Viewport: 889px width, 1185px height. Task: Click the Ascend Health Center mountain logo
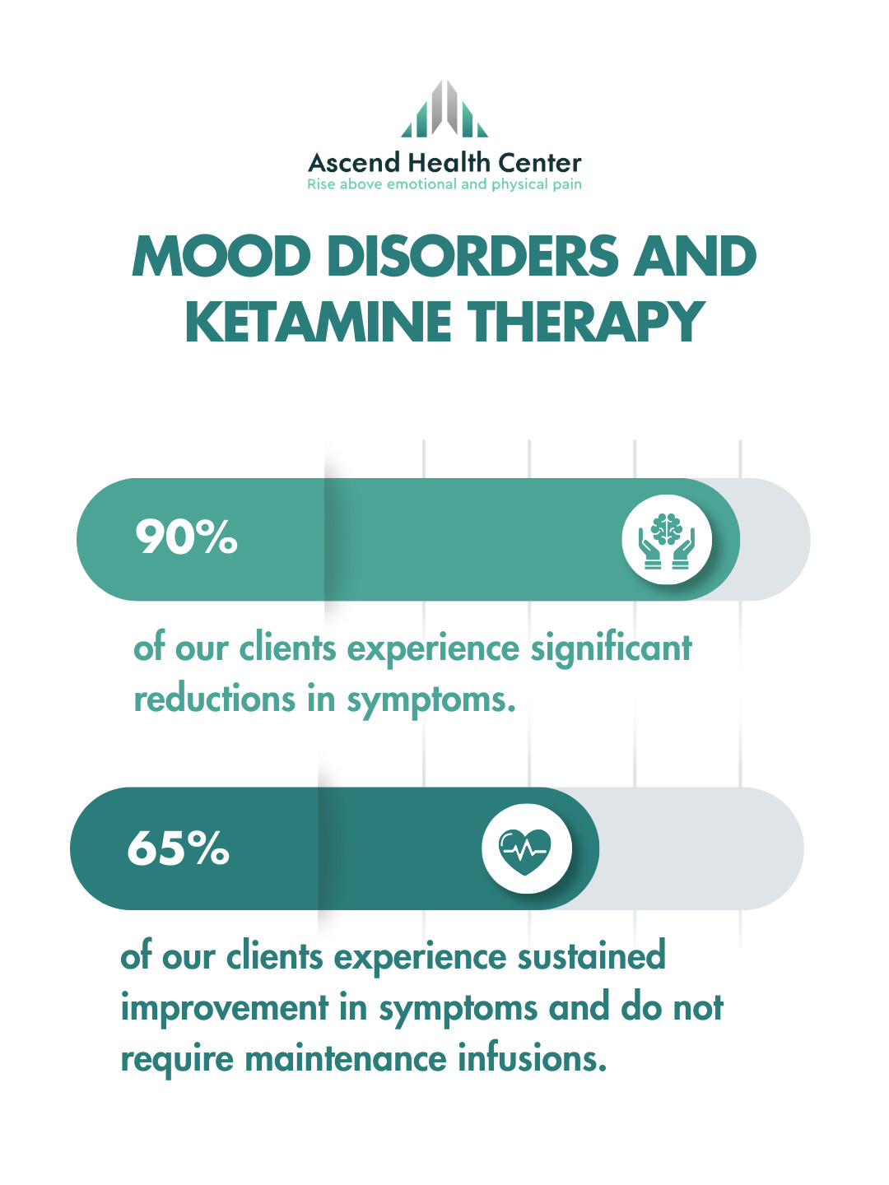pos(444,109)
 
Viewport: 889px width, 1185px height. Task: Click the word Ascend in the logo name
pos(354,162)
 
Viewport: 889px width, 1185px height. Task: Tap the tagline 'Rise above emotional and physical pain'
pos(444,184)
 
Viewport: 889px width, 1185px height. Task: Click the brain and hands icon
pos(667,540)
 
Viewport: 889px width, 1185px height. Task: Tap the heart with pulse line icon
pos(527,848)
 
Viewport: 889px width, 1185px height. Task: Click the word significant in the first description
pos(611,648)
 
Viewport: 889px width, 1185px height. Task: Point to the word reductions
pos(214,699)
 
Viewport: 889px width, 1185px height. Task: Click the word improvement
pos(224,1008)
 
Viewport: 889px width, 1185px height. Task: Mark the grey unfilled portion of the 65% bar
pos(700,848)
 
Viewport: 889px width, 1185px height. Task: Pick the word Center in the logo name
pos(540,162)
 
